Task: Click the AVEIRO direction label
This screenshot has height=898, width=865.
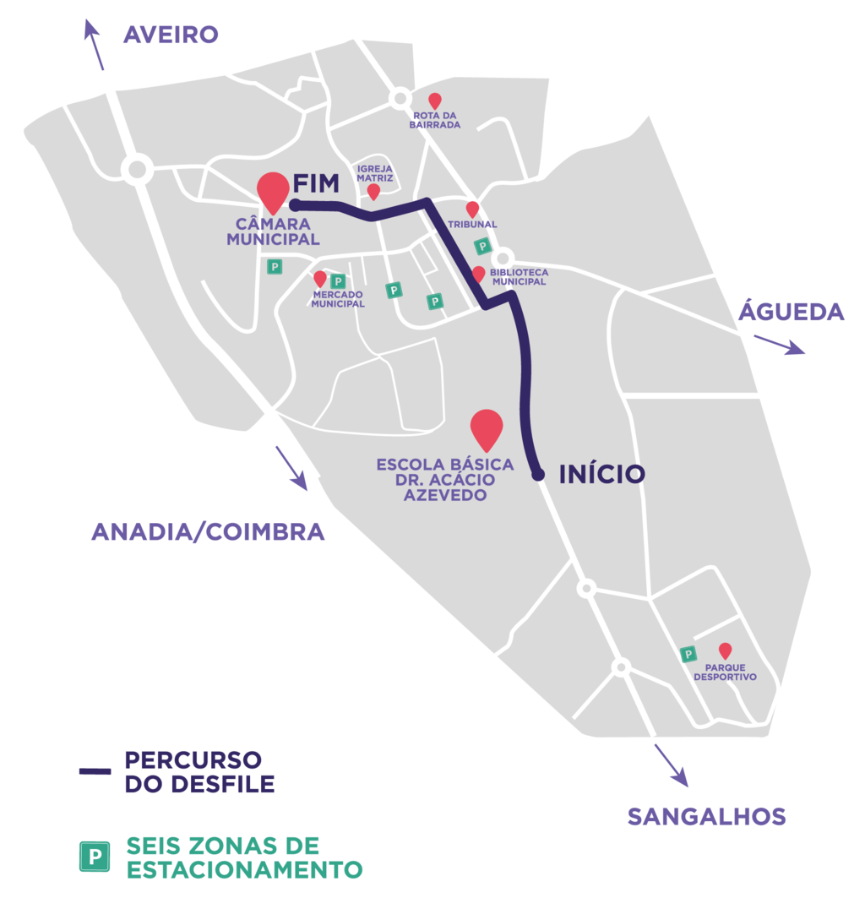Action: (x=171, y=35)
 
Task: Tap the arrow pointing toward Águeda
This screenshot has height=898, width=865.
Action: (x=779, y=344)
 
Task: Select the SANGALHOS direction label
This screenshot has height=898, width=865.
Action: (x=706, y=817)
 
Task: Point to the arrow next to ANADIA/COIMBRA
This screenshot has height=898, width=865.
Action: (x=291, y=467)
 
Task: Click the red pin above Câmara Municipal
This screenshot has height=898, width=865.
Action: (x=273, y=191)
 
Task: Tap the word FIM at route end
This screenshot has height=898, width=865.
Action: (x=316, y=183)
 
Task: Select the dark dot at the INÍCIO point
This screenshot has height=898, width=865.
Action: (x=537, y=475)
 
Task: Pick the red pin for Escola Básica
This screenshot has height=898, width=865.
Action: (x=487, y=429)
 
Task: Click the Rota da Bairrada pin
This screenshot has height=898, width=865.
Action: (x=435, y=101)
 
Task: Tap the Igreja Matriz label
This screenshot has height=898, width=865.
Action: (x=374, y=173)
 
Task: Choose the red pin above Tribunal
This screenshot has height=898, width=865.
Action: (x=472, y=209)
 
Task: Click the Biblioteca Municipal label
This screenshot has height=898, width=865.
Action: (x=519, y=277)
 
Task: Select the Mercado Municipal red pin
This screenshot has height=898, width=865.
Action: (x=319, y=278)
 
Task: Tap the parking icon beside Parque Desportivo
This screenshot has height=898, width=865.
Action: (x=688, y=653)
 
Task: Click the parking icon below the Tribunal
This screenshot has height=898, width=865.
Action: (x=482, y=247)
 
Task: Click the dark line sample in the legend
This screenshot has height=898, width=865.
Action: (x=95, y=770)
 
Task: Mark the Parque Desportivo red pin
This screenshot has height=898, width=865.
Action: (x=724, y=650)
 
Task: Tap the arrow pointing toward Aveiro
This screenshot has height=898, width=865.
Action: (x=95, y=46)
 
